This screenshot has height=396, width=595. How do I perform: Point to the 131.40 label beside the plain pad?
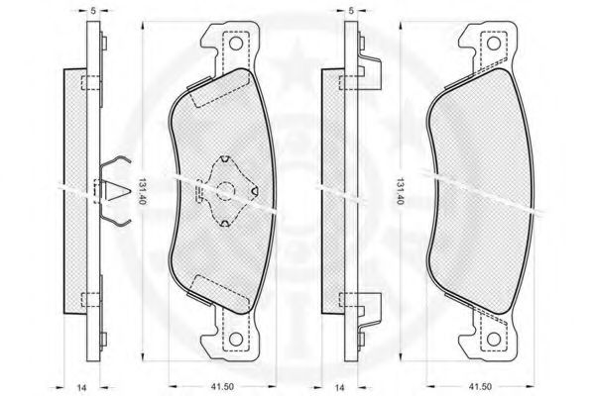(399, 187)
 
